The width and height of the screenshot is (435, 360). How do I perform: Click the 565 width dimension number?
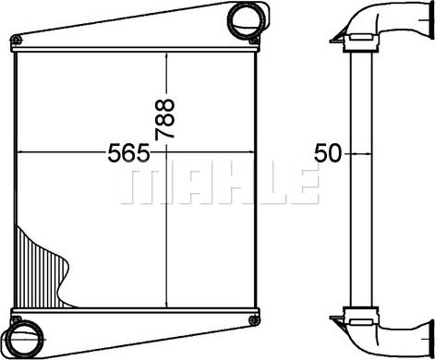click(128, 152)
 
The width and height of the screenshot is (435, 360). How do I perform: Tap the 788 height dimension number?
click(165, 119)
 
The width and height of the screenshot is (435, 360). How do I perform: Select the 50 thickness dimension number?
click(328, 153)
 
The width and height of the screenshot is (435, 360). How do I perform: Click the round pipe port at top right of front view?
click(248, 19)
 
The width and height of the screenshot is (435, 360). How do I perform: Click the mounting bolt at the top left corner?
click(16, 40)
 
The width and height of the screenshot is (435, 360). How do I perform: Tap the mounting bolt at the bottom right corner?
click(254, 320)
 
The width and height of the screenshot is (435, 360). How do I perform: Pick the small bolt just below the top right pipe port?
click(254, 41)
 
